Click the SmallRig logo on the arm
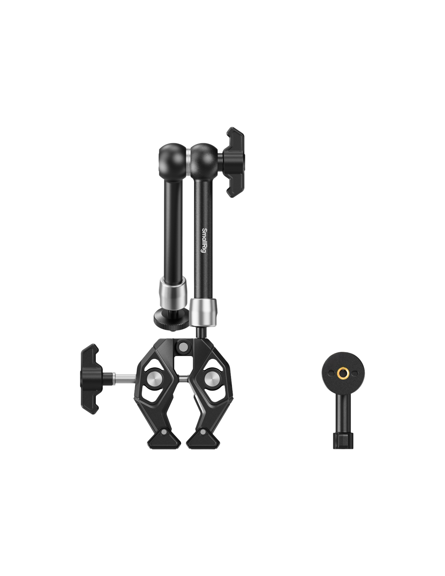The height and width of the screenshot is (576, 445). click(x=204, y=240)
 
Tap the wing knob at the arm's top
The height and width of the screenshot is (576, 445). click(x=233, y=162)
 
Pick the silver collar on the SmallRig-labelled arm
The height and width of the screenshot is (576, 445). click(x=203, y=313)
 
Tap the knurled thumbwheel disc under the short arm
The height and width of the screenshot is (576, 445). click(x=171, y=318)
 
